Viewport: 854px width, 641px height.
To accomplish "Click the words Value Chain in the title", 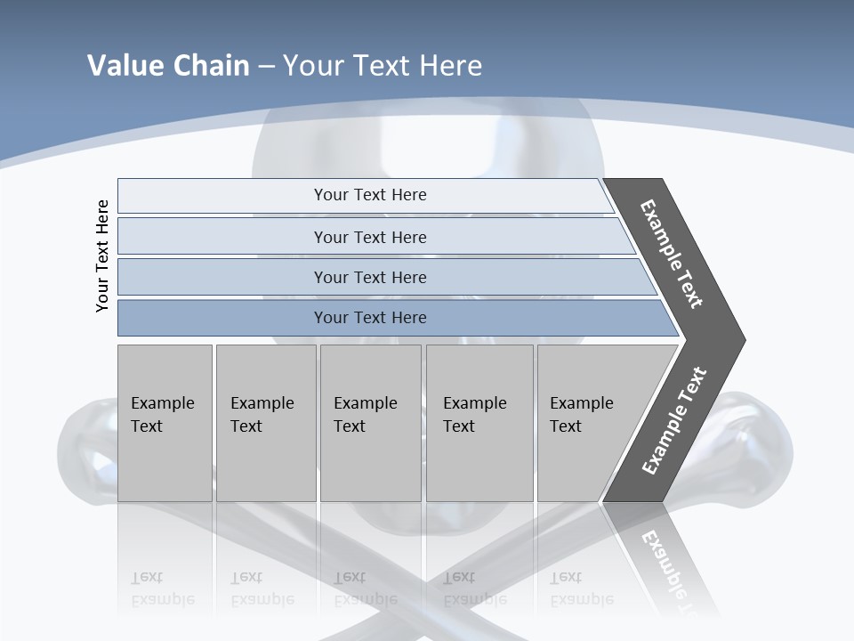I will pyautogui.click(x=168, y=66).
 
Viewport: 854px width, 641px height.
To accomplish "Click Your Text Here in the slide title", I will pyautogui.click(x=383, y=66).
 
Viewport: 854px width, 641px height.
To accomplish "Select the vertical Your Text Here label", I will pyautogui.click(x=102, y=256).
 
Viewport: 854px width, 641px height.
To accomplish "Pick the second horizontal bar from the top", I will pyautogui.click(x=369, y=237).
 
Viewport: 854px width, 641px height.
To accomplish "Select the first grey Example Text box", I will pyautogui.click(x=165, y=423).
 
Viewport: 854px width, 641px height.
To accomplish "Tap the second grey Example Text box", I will pyautogui.click(x=266, y=423).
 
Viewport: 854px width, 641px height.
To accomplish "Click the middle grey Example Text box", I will pyautogui.click(x=370, y=423).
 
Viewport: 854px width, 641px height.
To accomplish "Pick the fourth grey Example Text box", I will pyautogui.click(x=479, y=423).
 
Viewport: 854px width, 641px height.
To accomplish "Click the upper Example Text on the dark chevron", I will pyautogui.click(x=673, y=254).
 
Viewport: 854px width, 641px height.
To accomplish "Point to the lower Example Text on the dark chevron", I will pyautogui.click(x=674, y=420).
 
